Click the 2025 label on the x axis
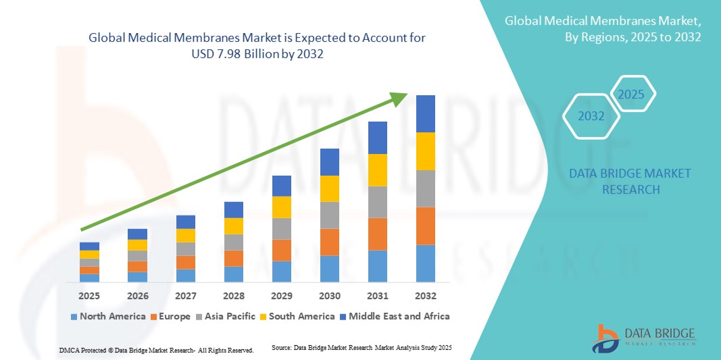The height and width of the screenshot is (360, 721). tap(89, 296)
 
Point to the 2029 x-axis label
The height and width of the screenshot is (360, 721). tap(281, 296)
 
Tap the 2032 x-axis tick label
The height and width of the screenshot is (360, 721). tap(426, 296)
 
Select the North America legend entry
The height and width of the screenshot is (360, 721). tap(108, 316)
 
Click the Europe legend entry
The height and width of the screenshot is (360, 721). tap(170, 316)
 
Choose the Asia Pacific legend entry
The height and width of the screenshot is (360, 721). tap(226, 316)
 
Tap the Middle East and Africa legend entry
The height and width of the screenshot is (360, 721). tap(396, 316)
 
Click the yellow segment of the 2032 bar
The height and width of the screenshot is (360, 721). tap(426, 151)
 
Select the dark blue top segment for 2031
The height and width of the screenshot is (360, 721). tap(378, 138)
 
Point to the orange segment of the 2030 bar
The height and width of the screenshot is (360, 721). tap(329, 242)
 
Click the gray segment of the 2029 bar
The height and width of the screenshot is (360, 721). tap(281, 228)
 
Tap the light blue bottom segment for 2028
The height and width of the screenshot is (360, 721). tap(233, 274)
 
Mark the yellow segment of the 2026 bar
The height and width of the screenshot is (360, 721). tap(137, 245)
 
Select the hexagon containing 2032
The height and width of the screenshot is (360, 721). tap(591, 116)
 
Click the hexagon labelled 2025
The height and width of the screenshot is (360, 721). tap(632, 94)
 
